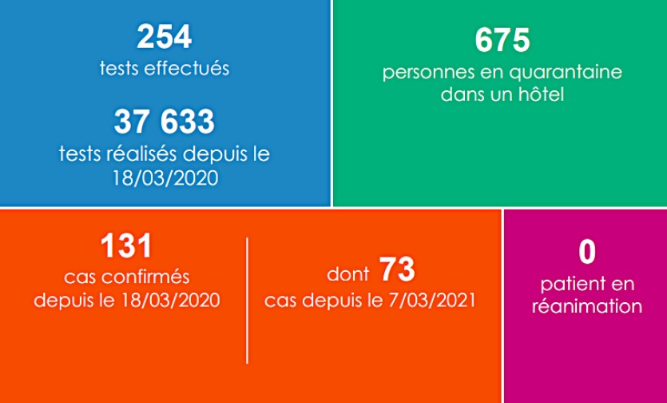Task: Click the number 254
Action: tap(165, 38)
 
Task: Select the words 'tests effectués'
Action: tap(165, 68)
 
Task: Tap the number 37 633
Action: tap(165, 122)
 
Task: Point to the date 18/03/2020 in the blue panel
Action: tap(165, 177)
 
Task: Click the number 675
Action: tap(502, 40)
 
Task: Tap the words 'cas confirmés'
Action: tap(126, 277)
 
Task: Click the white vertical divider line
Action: tap(247, 300)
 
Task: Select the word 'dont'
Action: tap(347, 275)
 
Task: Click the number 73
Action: tap(397, 271)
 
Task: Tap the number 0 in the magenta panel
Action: tap(587, 252)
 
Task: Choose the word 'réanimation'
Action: tap(587, 305)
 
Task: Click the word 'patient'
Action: tap(568, 284)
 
